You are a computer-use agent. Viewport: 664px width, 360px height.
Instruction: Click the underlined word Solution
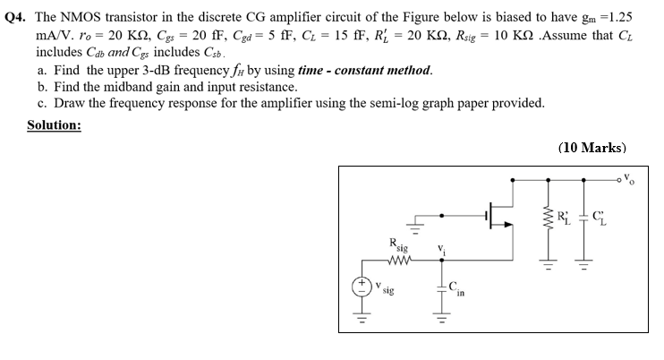[x=54, y=124]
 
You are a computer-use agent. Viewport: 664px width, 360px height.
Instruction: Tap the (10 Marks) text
[x=592, y=148]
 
